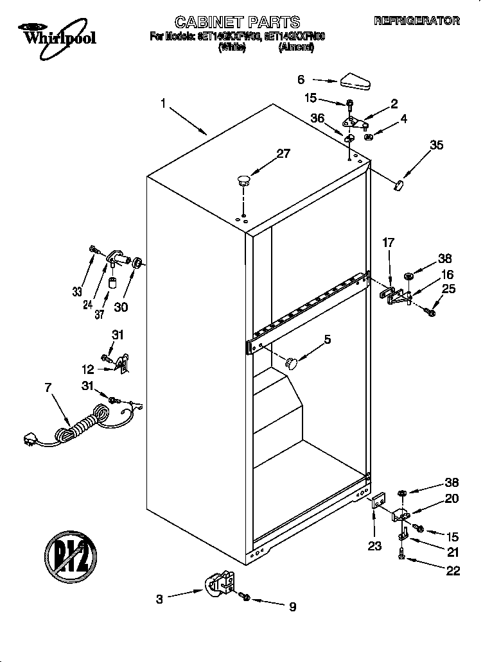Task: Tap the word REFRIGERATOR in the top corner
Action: [417, 21]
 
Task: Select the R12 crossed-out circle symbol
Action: [71, 553]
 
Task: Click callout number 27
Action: [283, 153]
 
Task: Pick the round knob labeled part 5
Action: [292, 363]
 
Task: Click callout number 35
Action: [436, 145]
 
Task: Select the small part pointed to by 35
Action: [398, 185]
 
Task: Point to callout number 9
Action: [292, 606]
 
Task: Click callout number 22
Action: [453, 571]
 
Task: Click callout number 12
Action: [88, 369]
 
